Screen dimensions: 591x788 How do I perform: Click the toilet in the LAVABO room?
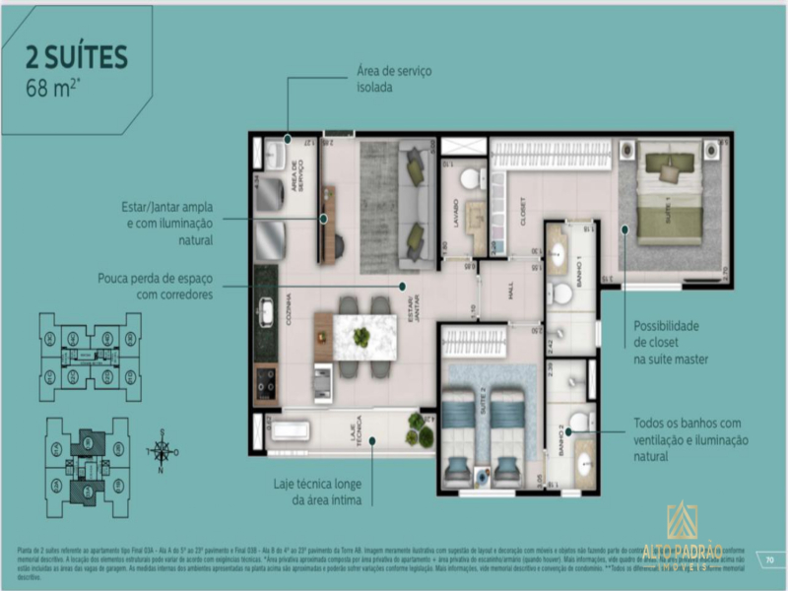pos(470,179)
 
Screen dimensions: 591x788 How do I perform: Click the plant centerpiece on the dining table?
pos(361,337)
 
